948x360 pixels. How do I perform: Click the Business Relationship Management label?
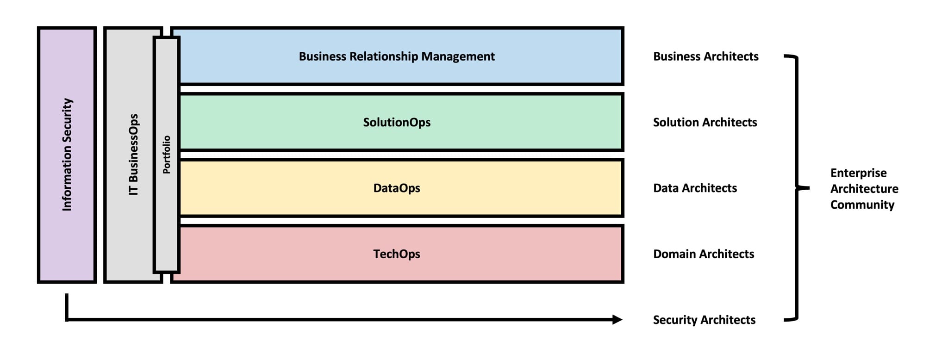tap(397, 56)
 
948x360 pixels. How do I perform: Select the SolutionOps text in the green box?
tap(397, 122)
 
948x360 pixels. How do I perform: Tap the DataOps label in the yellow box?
tap(397, 188)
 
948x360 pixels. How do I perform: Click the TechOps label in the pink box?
tap(397, 254)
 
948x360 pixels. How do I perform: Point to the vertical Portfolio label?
tap(167, 155)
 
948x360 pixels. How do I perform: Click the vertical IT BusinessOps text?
tap(133, 155)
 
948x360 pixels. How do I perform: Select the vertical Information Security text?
tap(67, 155)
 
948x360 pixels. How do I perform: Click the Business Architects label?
tap(705, 56)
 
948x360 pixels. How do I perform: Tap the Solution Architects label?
tap(705, 122)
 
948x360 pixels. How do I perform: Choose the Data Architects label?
tap(695, 188)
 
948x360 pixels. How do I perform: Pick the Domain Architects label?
tap(703, 254)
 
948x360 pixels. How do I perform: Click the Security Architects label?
tap(704, 320)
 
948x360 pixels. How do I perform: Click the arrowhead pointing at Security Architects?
tap(617, 319)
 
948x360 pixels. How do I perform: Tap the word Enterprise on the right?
tap(858, 173)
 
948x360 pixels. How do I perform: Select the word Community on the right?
tap(862, 205)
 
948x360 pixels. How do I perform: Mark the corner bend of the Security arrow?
tap(67, 319)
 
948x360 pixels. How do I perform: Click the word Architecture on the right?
tap(864, 189)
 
